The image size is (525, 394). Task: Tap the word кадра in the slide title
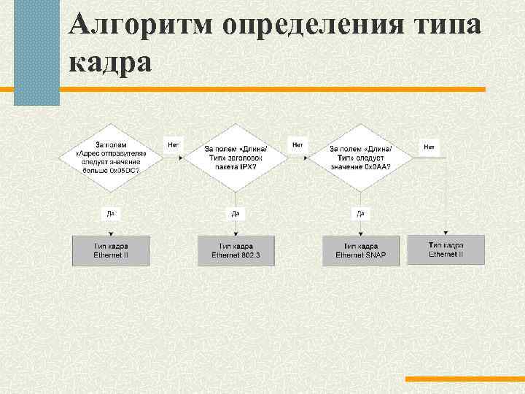[x=112, y=62]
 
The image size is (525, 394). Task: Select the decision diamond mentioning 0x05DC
[x=111, y=155]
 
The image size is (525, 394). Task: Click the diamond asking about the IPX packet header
[x=236, y=155]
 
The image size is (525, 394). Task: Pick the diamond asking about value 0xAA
[x=360, y=155]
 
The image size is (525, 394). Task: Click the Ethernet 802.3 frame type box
[x=236, y=250]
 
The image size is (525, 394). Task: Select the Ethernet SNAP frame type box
[x=360, y=250]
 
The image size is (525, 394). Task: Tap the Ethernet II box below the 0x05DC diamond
[x=111, y=250]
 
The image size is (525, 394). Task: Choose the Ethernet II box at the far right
[x=446, y=249]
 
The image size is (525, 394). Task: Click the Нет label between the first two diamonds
[x=174, y=145]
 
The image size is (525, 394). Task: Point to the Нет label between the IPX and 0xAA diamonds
[x=297, y=145]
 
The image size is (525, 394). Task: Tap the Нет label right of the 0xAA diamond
[x=429, y=147]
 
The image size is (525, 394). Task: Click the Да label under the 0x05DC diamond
[x=111, y=213]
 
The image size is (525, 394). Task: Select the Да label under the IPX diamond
[x=236, y=213]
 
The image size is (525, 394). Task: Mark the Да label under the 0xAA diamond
[x=360, y=213]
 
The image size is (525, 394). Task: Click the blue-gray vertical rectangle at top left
[x=36, y=53]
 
